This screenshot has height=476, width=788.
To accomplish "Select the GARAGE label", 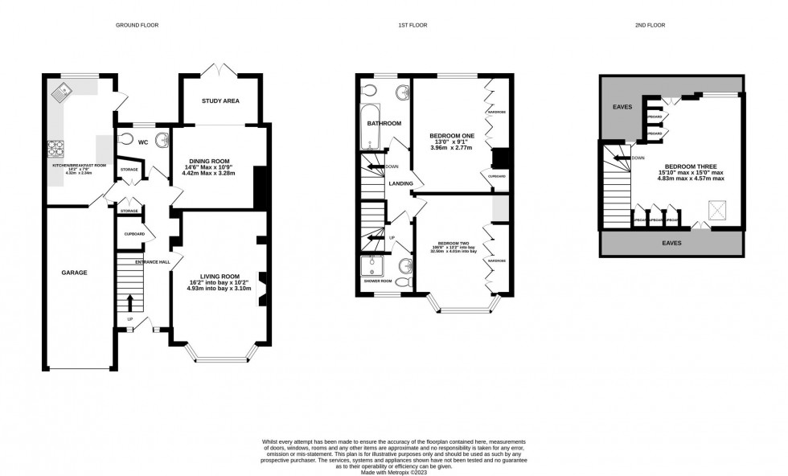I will pyautogui.click(x=74, y=273).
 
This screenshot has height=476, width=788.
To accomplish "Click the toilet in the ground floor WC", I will pyautogui.click(x=126, y=137).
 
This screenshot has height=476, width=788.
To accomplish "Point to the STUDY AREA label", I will pyautogui.click(x=220, y=101).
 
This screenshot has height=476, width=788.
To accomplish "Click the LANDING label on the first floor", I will pyautogui.click(x=401, y=184).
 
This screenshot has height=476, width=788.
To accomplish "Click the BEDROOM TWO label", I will pyautogui.click(x=454, y=243).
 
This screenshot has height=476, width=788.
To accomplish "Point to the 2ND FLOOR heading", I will pyautogui.click(x=649, y=25).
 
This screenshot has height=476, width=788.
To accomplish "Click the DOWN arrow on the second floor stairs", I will pyautogui.click(x=626, y=158).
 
